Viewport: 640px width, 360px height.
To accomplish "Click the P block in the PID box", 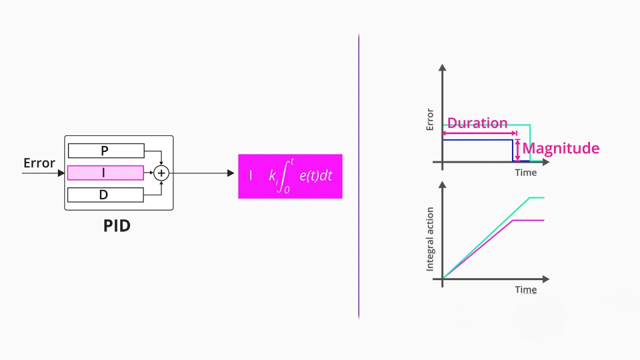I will (x=106, y=150).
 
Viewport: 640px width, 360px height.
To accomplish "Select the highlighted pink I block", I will (x=105, y=173).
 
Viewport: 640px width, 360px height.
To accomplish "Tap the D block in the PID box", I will (x=105, y=194).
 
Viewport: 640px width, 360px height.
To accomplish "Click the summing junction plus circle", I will (x=161, y=173).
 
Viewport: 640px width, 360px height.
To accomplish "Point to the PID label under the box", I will (x=117, y=226).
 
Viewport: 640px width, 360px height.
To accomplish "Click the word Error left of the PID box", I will (x=39, y=163).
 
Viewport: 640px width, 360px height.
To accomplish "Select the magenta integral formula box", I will (x=290, y=176).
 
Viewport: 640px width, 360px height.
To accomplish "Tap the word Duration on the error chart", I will (x=477, y=123).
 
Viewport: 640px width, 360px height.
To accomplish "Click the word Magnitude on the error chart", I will (x=560, y=148).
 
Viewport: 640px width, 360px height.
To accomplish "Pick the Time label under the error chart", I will (x=525, y=172).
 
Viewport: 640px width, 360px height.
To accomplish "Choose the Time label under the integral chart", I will (x=525, y=289).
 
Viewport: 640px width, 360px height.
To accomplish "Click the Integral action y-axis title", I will (x=430, y=239).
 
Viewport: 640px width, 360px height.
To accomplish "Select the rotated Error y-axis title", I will (x=430, y=119).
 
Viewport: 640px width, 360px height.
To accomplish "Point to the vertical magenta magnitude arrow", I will (x=517, y=150).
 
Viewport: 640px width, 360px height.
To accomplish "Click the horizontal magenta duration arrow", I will (x=479, y=133).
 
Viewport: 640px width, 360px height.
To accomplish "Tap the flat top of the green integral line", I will (x=536, y=198).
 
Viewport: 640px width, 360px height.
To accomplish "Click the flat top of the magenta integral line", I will (x=528, y=220).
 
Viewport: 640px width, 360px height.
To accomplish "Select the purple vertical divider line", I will (x=358, y=175).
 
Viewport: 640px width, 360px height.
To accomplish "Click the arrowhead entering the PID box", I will (x=61, y=173).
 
